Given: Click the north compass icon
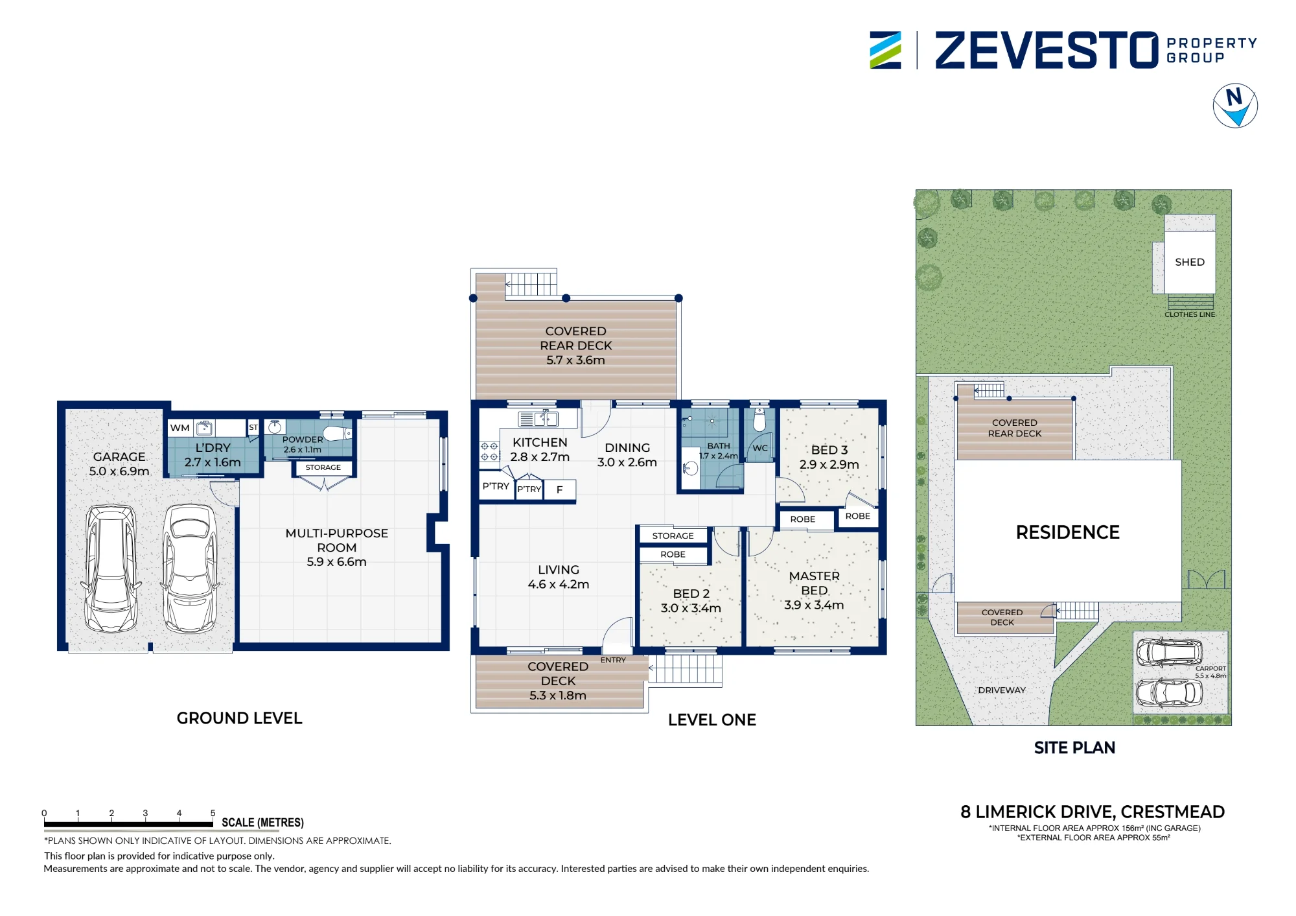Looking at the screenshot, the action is click(x=1235, y=106).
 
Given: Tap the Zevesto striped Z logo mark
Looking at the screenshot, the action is click(x=885, y=50).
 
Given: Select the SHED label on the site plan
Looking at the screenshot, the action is click(x=1190, y=262).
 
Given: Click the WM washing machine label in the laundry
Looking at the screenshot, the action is click(x=179, y=428).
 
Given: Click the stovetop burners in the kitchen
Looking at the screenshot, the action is click(x=489, y=451).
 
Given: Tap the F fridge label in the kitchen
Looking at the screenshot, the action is click(x=559, y=490).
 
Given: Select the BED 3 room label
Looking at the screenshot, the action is click(x=829, y=450).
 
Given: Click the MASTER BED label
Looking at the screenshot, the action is click(x=815, y=583).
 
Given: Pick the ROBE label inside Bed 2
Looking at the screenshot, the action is click(x=673, y=554).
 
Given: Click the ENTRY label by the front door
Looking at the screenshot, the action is click(x=613, y=660).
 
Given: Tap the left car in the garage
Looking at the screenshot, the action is click(x=111, y=569).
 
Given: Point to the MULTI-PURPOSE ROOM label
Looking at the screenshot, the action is click(x=337, y=540).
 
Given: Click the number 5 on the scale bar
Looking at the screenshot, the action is click(x=213, y=813).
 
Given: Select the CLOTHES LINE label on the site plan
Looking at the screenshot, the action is click(x=1190, y=314).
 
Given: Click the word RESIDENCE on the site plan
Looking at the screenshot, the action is click(x=1068, y=532).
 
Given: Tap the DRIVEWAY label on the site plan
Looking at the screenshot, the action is click(x=1002, y=690).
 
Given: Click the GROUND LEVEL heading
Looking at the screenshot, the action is click(x=240, y=718).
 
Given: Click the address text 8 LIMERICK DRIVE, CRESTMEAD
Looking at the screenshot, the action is click(x=1093, y=812).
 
